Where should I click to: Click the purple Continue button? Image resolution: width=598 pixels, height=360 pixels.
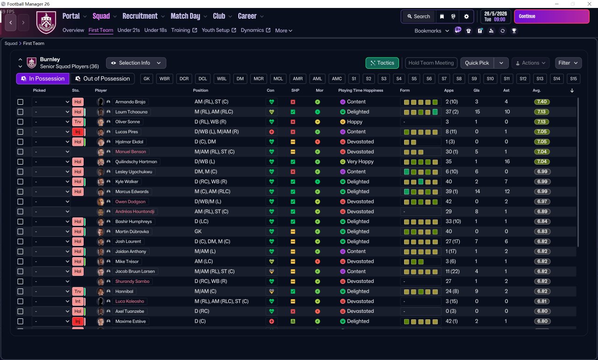pos(551,16)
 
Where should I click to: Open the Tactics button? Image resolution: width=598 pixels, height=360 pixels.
pos(382,63)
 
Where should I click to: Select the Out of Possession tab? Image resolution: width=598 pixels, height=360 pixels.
pos(102,79)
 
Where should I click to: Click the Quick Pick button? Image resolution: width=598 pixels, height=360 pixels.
pos(477,63)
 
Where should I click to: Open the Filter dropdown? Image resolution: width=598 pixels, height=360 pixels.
pos(568,63)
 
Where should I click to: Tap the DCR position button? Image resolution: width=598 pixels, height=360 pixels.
pos(184,79)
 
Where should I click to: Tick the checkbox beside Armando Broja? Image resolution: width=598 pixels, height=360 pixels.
pos(20,102)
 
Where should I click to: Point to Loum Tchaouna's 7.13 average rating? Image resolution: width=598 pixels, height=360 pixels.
pos(542,112)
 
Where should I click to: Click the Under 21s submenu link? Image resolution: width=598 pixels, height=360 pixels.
pos(128,30)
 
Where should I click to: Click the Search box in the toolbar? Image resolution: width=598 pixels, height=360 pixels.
pos(418,16)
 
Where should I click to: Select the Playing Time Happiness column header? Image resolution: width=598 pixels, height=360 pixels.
pos(360,90)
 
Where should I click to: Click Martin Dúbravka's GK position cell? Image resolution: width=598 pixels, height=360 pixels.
pos(198,231)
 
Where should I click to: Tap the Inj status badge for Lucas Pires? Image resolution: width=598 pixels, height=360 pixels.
pos(78,132)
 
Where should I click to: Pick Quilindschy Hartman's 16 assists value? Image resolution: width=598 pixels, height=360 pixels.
pos(506,162)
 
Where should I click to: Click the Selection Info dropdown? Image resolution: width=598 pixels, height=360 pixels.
pos(136,63)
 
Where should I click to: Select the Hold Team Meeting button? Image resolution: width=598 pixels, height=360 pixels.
pos(431,63)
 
